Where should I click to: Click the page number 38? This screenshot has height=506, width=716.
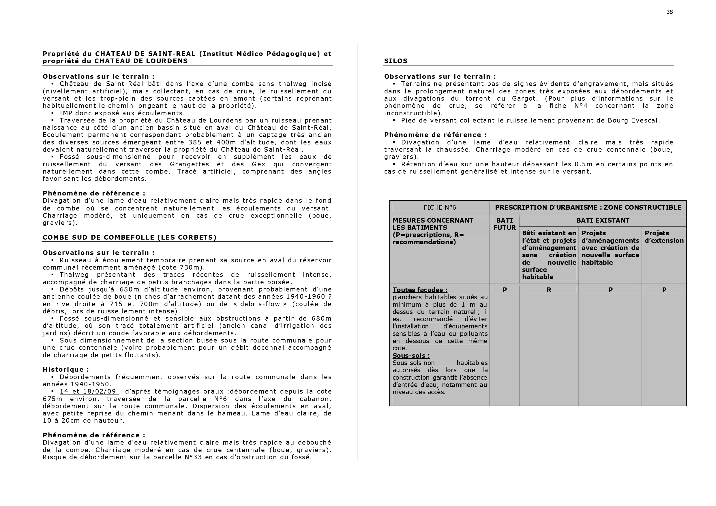(670, 12)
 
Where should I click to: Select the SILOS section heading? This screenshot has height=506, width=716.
(396, 61)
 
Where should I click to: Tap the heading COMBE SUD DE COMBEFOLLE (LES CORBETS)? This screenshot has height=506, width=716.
(130, 238)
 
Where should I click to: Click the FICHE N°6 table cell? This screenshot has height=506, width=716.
(440, 208)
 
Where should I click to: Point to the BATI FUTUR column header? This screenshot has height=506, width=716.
(504, 224)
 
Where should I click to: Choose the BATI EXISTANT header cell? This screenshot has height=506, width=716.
(603, 221)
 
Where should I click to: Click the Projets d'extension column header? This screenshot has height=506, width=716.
(664, 237)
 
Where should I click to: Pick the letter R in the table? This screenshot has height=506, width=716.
(549, 290)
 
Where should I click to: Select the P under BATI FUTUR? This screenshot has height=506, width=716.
(505, 290)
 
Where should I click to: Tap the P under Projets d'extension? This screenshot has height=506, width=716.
(664, 290)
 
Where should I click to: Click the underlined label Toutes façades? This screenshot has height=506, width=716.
(420, 290)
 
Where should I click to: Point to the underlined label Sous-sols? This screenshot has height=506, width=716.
(411, 356)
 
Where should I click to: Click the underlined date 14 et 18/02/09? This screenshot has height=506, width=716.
(88, 392)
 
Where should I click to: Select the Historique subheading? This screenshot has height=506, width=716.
(66, 370)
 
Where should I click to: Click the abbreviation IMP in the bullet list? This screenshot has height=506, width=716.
(66, 113)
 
